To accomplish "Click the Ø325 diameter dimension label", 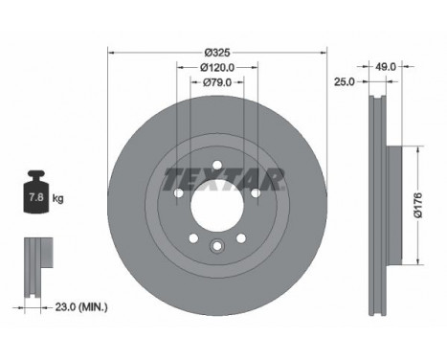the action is click(217, 53).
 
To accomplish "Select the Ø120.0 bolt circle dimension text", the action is click(217, 67).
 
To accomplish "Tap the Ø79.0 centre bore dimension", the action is click(217, 82).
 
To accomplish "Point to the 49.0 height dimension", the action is click(386, 67).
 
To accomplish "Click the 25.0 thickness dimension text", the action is click(345, 82).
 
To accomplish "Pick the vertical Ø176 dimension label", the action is click(418, 205).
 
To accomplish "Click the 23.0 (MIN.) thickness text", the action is click(81, 307).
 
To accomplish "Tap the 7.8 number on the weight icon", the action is click(36, 197).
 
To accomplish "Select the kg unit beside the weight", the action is click(57, 198).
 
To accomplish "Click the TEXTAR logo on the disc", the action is click(223, 179).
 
